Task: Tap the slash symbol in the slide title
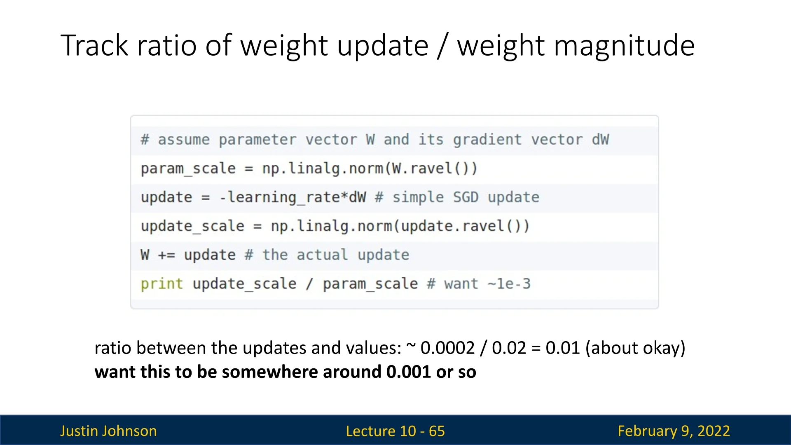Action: click(x=442, y=46)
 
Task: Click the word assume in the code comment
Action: click(x=184, y=140)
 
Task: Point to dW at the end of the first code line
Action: click(x=600, y=139)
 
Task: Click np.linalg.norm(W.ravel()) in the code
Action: click(x=370, y=169)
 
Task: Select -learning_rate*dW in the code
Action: click(x=293, y=197)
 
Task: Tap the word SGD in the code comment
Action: click(x=466, y=197)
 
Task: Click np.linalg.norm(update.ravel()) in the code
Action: click(x=400, y=226)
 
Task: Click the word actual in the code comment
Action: click(x=322, y=255)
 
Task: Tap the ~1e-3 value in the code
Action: click(x=509, y=284)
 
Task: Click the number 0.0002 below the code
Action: click(x=447, y=348)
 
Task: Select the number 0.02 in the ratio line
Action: click(x=509, y=348)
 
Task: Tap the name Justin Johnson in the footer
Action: click(x=108, y=431)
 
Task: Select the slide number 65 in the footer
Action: click(x=437, y=431)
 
